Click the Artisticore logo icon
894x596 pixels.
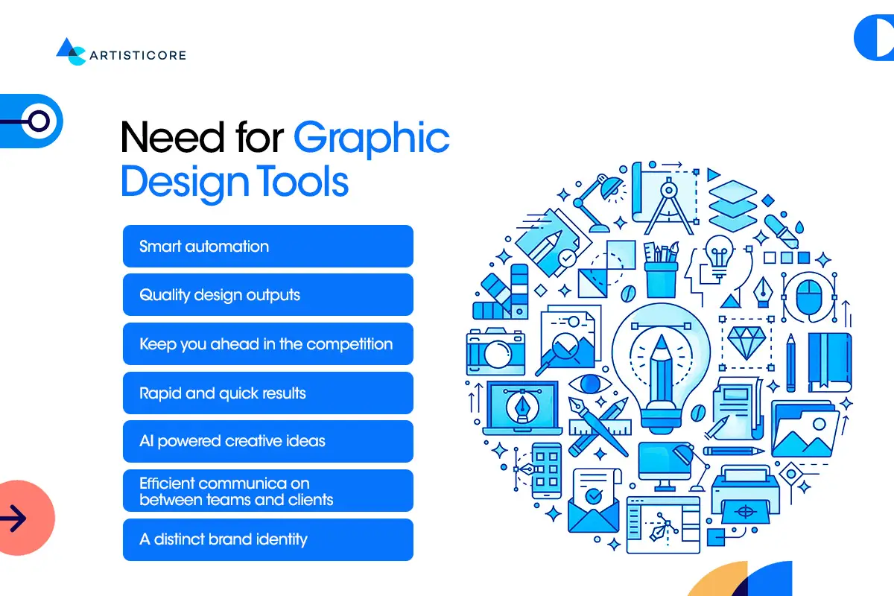72,51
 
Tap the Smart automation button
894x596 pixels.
267,246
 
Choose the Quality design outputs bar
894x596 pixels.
267,295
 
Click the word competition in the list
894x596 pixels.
349,344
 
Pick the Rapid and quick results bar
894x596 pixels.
267,393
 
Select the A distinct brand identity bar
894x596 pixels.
267,539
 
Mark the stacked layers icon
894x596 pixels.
732,201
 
